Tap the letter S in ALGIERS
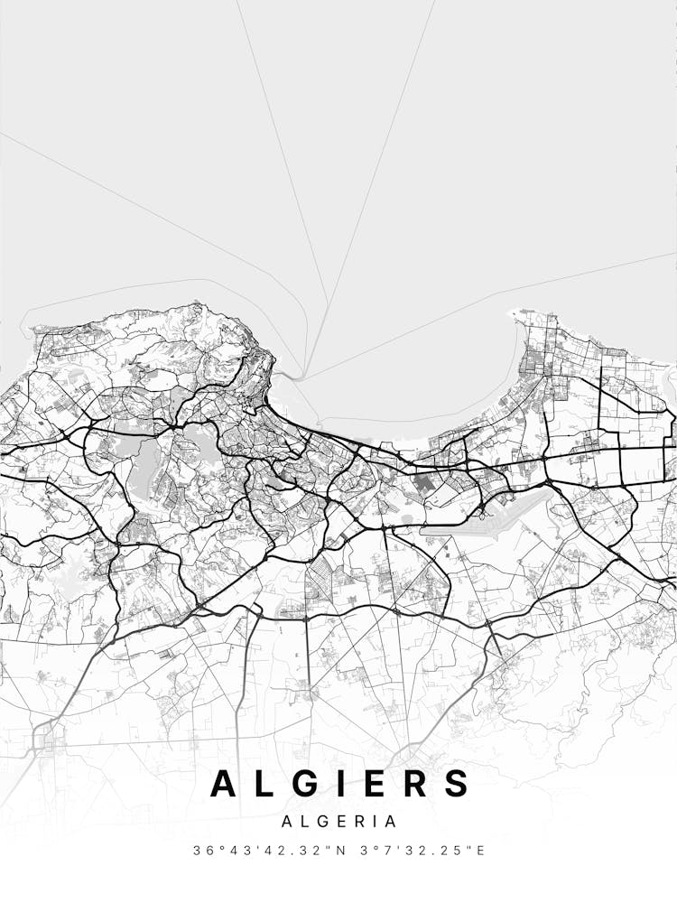(x=456, y=783)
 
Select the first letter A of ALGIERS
(x=224, y=783)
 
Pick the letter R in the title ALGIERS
(x=416, y=783)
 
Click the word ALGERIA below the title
(x=338, y=822)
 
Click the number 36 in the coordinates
(x=201, y=851)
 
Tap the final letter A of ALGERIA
(x=391, y=822)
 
